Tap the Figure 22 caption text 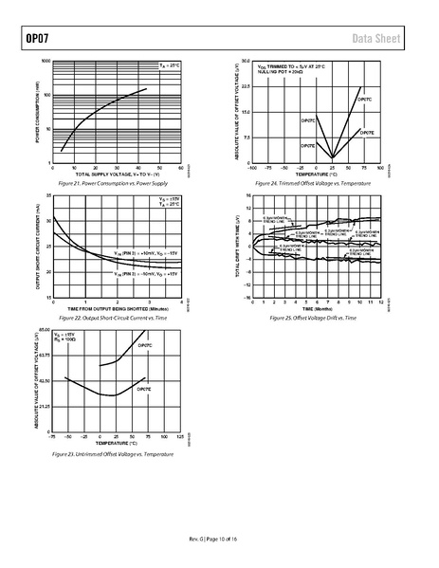pyautogui.click(x=113, y=318)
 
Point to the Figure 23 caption pyautogui.click(x=113, y=455)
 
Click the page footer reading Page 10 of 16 pyautogui.click(x=219, y=541)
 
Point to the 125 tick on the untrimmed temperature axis pyautogui.click(x=180, y=439)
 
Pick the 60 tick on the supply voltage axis pyautogui.click(x=180, y=168)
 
